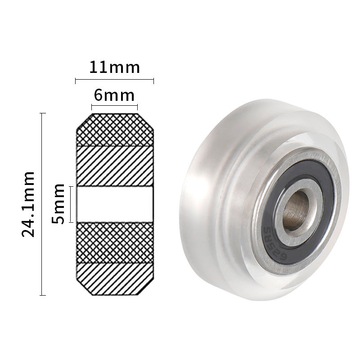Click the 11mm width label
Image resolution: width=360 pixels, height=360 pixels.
click(x=114, y=67)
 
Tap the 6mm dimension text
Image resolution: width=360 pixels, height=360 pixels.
click(x=114, y=95)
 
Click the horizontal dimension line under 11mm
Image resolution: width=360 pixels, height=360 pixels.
click(x=114, y=81)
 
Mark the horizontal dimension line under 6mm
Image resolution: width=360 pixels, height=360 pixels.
click(x=114, y=108)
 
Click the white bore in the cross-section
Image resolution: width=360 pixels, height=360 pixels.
click(x=114, y=204)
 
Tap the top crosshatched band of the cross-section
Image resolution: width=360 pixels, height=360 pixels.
click(x=114, y=130)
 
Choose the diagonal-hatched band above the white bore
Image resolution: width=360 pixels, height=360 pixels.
click(x=114, y=166)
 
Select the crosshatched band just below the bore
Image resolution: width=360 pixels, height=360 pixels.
click(x=114, y=242)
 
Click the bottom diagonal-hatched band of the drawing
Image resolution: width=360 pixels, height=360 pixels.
click(x=114, y=279)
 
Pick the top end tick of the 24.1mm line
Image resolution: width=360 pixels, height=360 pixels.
click(x=42, y=113)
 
